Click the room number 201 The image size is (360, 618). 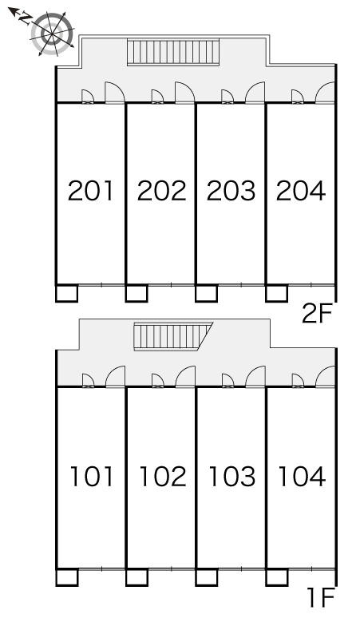(x=90, y=191)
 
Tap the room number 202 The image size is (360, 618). (x=161, y=191)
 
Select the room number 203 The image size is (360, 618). (x=231, y=191)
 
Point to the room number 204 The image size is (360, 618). (x=301, y=191)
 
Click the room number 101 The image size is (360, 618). (x=92, y=476)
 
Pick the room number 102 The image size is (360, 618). (x=163, y=476)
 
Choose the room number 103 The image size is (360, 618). (x=232, y=476)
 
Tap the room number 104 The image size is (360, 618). (x=302, y=476)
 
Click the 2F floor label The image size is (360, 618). (x=318, y=314)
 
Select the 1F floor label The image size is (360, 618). (x=321, y=597)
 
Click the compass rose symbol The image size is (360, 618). (x=52, y=34)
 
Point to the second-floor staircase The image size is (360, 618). (x=173, y=52)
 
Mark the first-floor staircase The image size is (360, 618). (x=172, y=336)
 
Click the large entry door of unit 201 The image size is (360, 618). (x=115, y=93)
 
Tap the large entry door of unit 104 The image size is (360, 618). (x=325, y=377)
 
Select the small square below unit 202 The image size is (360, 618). (x=136, y=293)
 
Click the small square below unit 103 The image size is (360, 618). (x=207, y=577)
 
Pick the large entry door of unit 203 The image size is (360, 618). (x=255, y=93)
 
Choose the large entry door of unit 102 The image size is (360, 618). (x=185, y=377)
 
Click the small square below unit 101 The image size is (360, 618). (x=66, y=577)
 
